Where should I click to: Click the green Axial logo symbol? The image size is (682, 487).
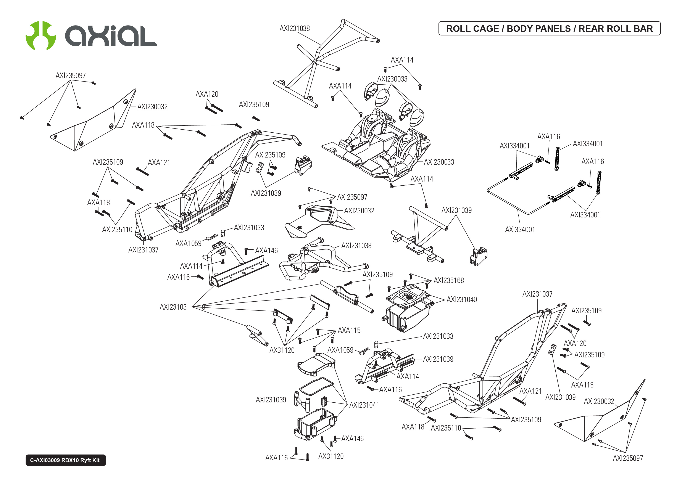tap(40, 35)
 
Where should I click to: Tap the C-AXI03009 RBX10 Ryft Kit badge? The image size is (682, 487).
tap(65, 460)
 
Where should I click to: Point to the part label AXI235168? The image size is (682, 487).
tap(448, 280)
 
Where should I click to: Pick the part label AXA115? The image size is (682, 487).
tap(349, 330)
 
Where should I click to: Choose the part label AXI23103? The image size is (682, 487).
tap(173, 307)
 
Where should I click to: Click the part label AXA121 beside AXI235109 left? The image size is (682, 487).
tap(159, 162)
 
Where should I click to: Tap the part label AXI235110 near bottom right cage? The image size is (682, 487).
tap(446, 428)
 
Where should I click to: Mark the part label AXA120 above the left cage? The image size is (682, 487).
tap(207, 94)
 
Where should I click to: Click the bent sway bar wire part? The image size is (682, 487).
tap(510, 204)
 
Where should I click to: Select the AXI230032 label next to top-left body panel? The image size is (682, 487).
tap(152, 107)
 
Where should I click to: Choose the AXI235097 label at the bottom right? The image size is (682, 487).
tap(627, 458)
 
